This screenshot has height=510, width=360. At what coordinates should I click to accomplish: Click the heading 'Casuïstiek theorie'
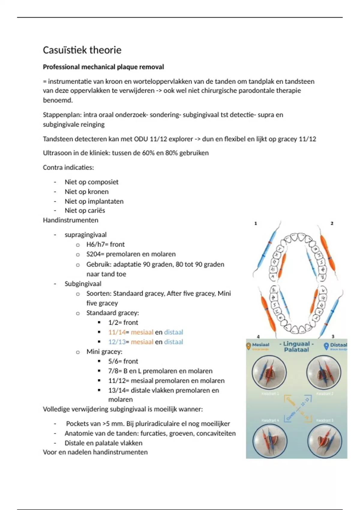(x=82, y=50)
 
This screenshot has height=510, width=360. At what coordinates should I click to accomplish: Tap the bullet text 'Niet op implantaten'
(x=94, y=201)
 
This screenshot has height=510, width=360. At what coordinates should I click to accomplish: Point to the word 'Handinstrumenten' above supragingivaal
(x=70, y=220)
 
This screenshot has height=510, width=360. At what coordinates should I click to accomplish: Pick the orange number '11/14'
(x=117, y=332)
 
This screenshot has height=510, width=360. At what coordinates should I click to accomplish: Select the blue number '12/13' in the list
(x=117, y=342)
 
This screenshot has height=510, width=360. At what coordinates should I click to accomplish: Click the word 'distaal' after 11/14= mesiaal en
(x=173, y=332)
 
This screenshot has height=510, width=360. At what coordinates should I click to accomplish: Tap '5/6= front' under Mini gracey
(x=123, y=361)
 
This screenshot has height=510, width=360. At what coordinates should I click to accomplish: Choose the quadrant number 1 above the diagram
(x=256, y=223)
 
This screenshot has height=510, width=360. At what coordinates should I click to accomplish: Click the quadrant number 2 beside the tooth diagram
(x=332, y=223)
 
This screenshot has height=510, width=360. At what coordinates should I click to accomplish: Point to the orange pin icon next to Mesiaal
(x=248, y=346)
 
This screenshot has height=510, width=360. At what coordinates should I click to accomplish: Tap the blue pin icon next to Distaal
(x=326, y=346)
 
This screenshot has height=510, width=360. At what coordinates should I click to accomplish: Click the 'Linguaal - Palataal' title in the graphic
(x=296, y=347)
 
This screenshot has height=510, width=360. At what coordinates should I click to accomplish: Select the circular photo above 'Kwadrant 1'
(x=269, y=373)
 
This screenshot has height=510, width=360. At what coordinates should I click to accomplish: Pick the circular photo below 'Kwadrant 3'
(x=325, y=441)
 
